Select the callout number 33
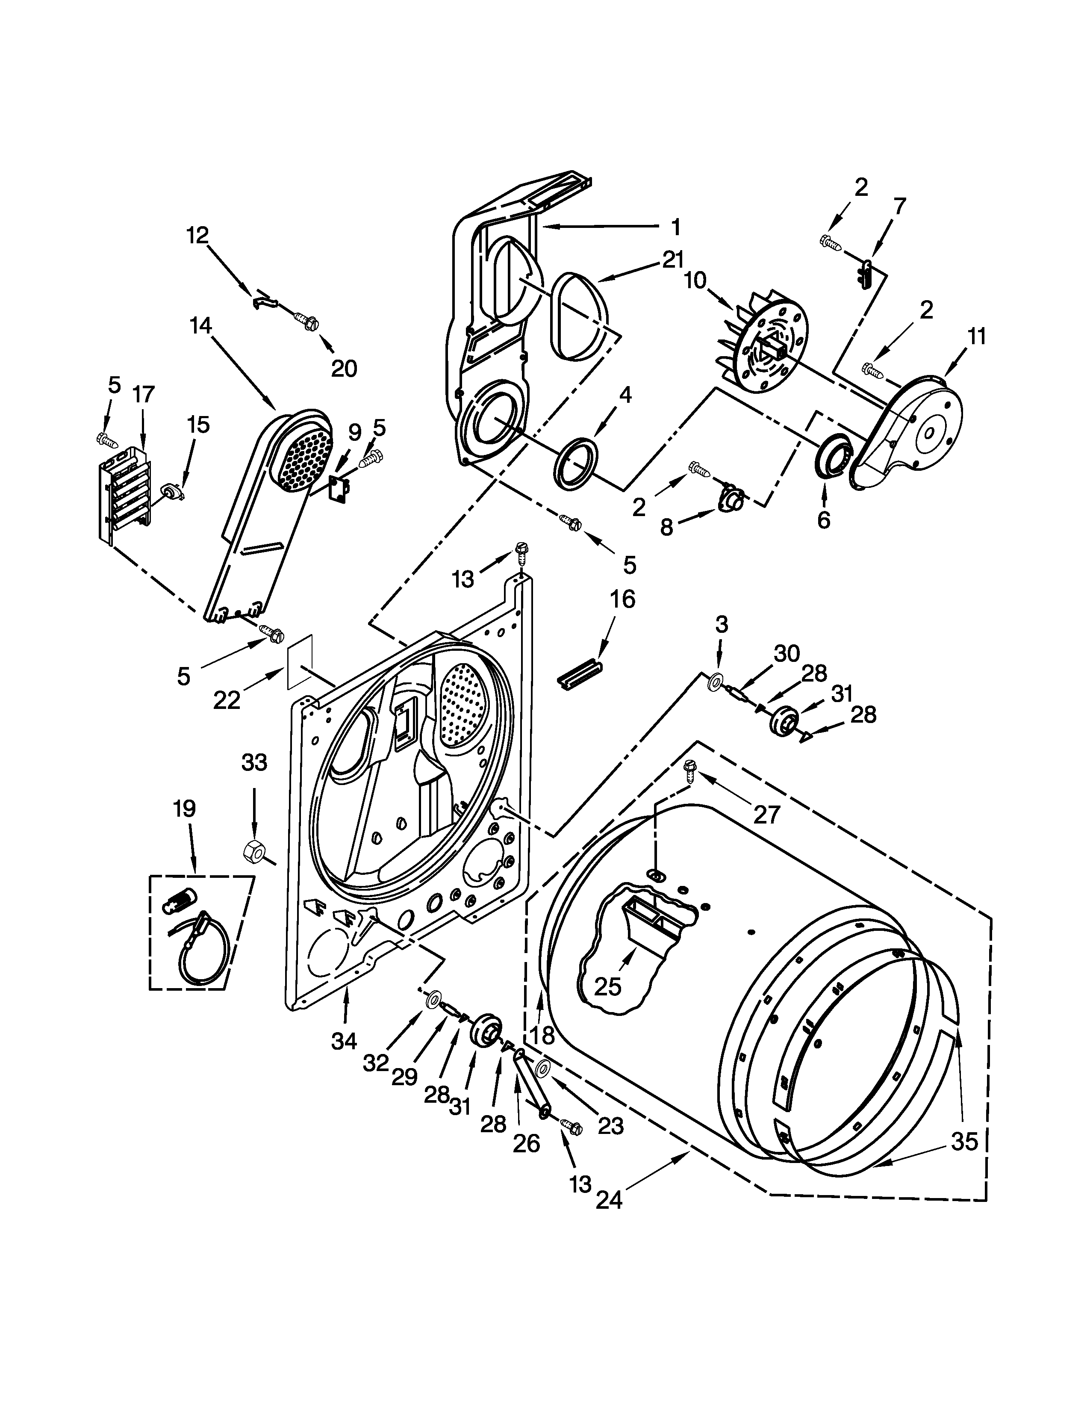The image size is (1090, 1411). (254, 762)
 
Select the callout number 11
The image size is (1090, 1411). (976, 337)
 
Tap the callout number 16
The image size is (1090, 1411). (622, 599)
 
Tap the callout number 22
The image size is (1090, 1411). (227, 700)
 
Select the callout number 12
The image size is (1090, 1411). (197, 235)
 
